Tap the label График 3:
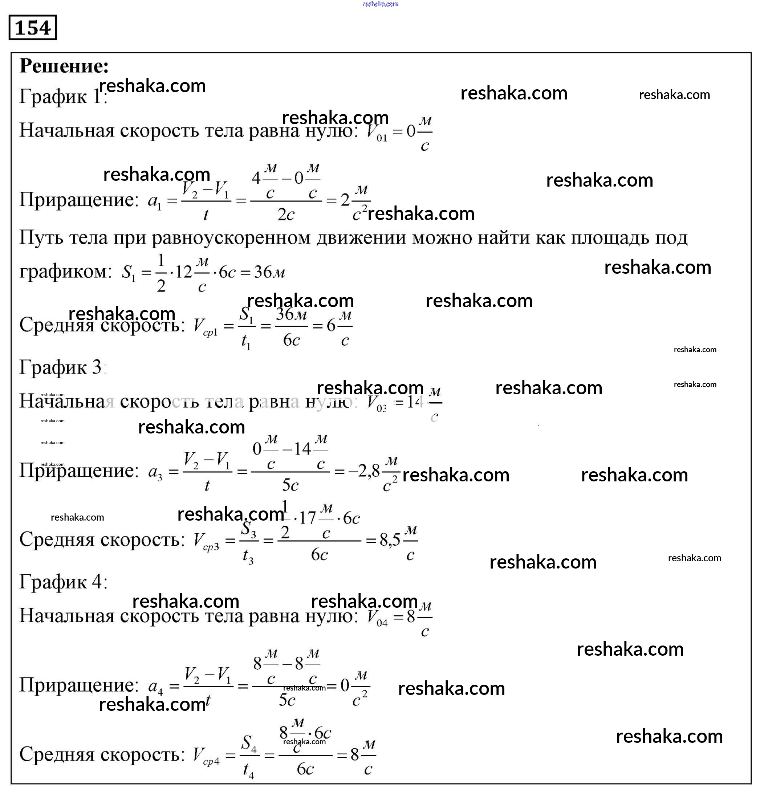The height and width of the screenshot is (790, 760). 62,367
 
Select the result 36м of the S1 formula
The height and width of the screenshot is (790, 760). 269,273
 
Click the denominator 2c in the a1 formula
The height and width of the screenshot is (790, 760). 285,215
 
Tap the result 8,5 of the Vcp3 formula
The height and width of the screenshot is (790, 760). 390,540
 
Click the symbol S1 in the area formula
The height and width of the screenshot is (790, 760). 129,273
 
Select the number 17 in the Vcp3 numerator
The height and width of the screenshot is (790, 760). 307,518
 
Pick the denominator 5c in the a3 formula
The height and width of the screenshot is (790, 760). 290,485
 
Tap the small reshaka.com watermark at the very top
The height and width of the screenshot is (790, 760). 380,4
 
